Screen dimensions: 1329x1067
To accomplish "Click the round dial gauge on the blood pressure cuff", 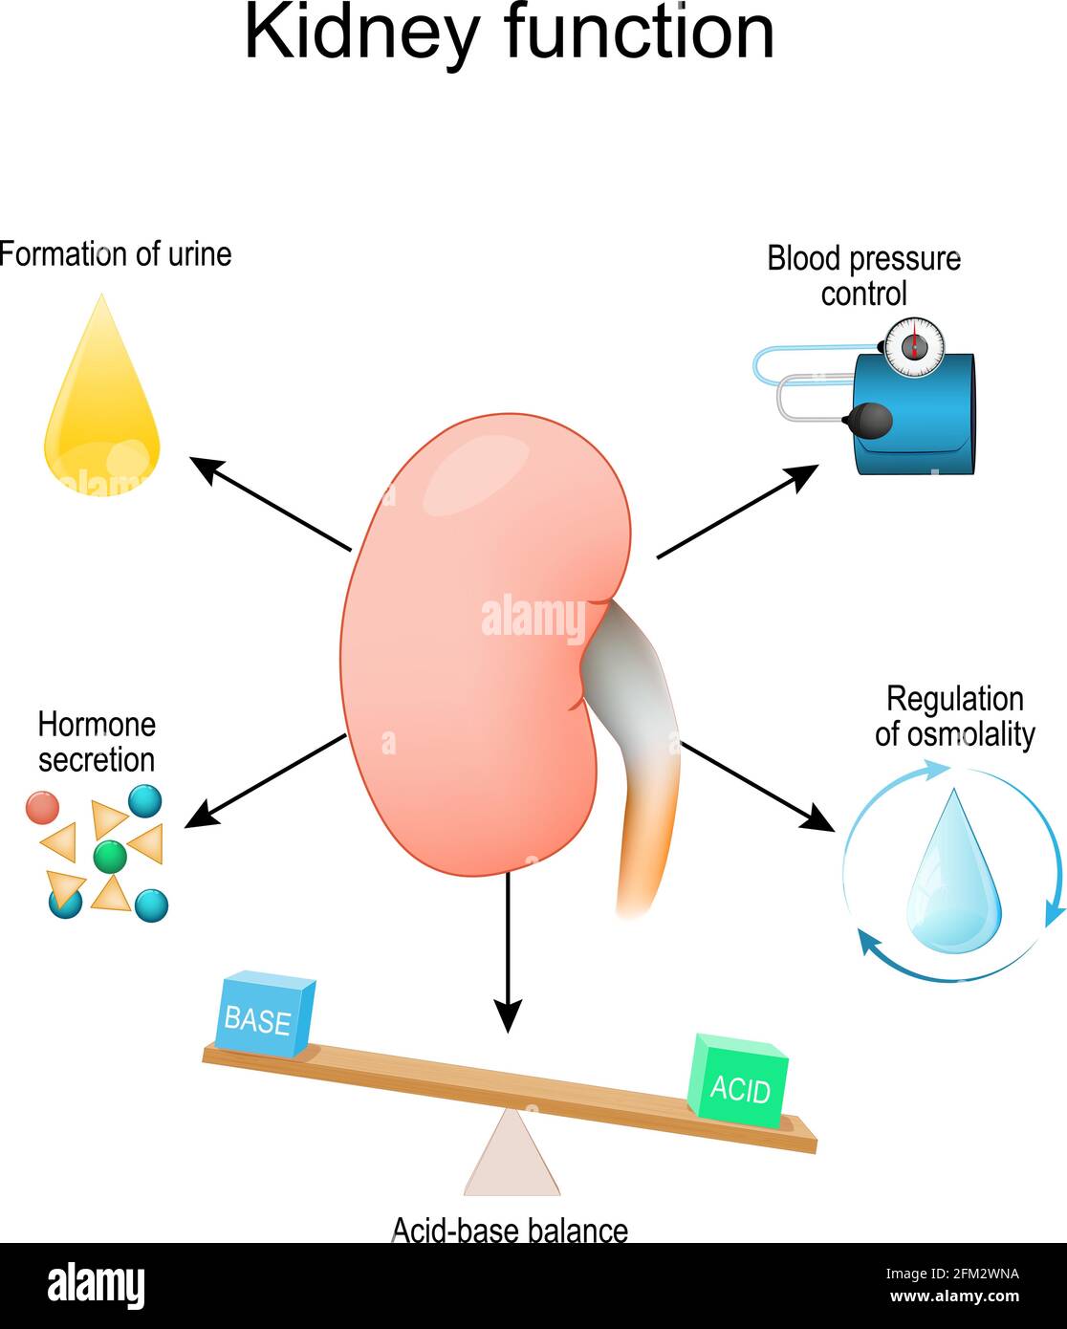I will [913, 346].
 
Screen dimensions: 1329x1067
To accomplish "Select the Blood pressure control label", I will [863, 275].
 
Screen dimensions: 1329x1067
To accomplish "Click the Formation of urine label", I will [115, 254].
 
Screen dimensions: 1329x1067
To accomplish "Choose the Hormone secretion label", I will [96, 742].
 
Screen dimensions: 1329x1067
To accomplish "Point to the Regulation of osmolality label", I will [954, 716].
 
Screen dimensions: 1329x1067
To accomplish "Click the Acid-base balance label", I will [510, 1230].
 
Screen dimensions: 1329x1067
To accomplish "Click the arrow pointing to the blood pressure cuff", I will [737, 512].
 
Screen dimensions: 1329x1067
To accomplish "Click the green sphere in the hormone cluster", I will [110, 856].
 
